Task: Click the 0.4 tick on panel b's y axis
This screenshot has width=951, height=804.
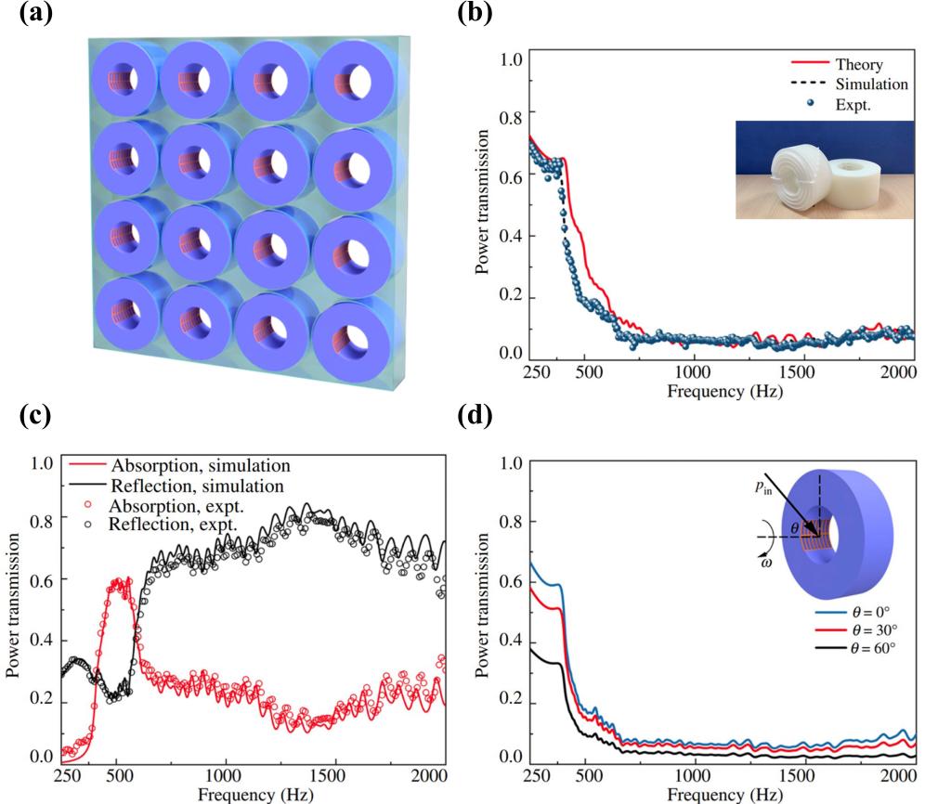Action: pos(513,236)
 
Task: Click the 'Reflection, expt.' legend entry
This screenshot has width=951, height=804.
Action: pos(168,525)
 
